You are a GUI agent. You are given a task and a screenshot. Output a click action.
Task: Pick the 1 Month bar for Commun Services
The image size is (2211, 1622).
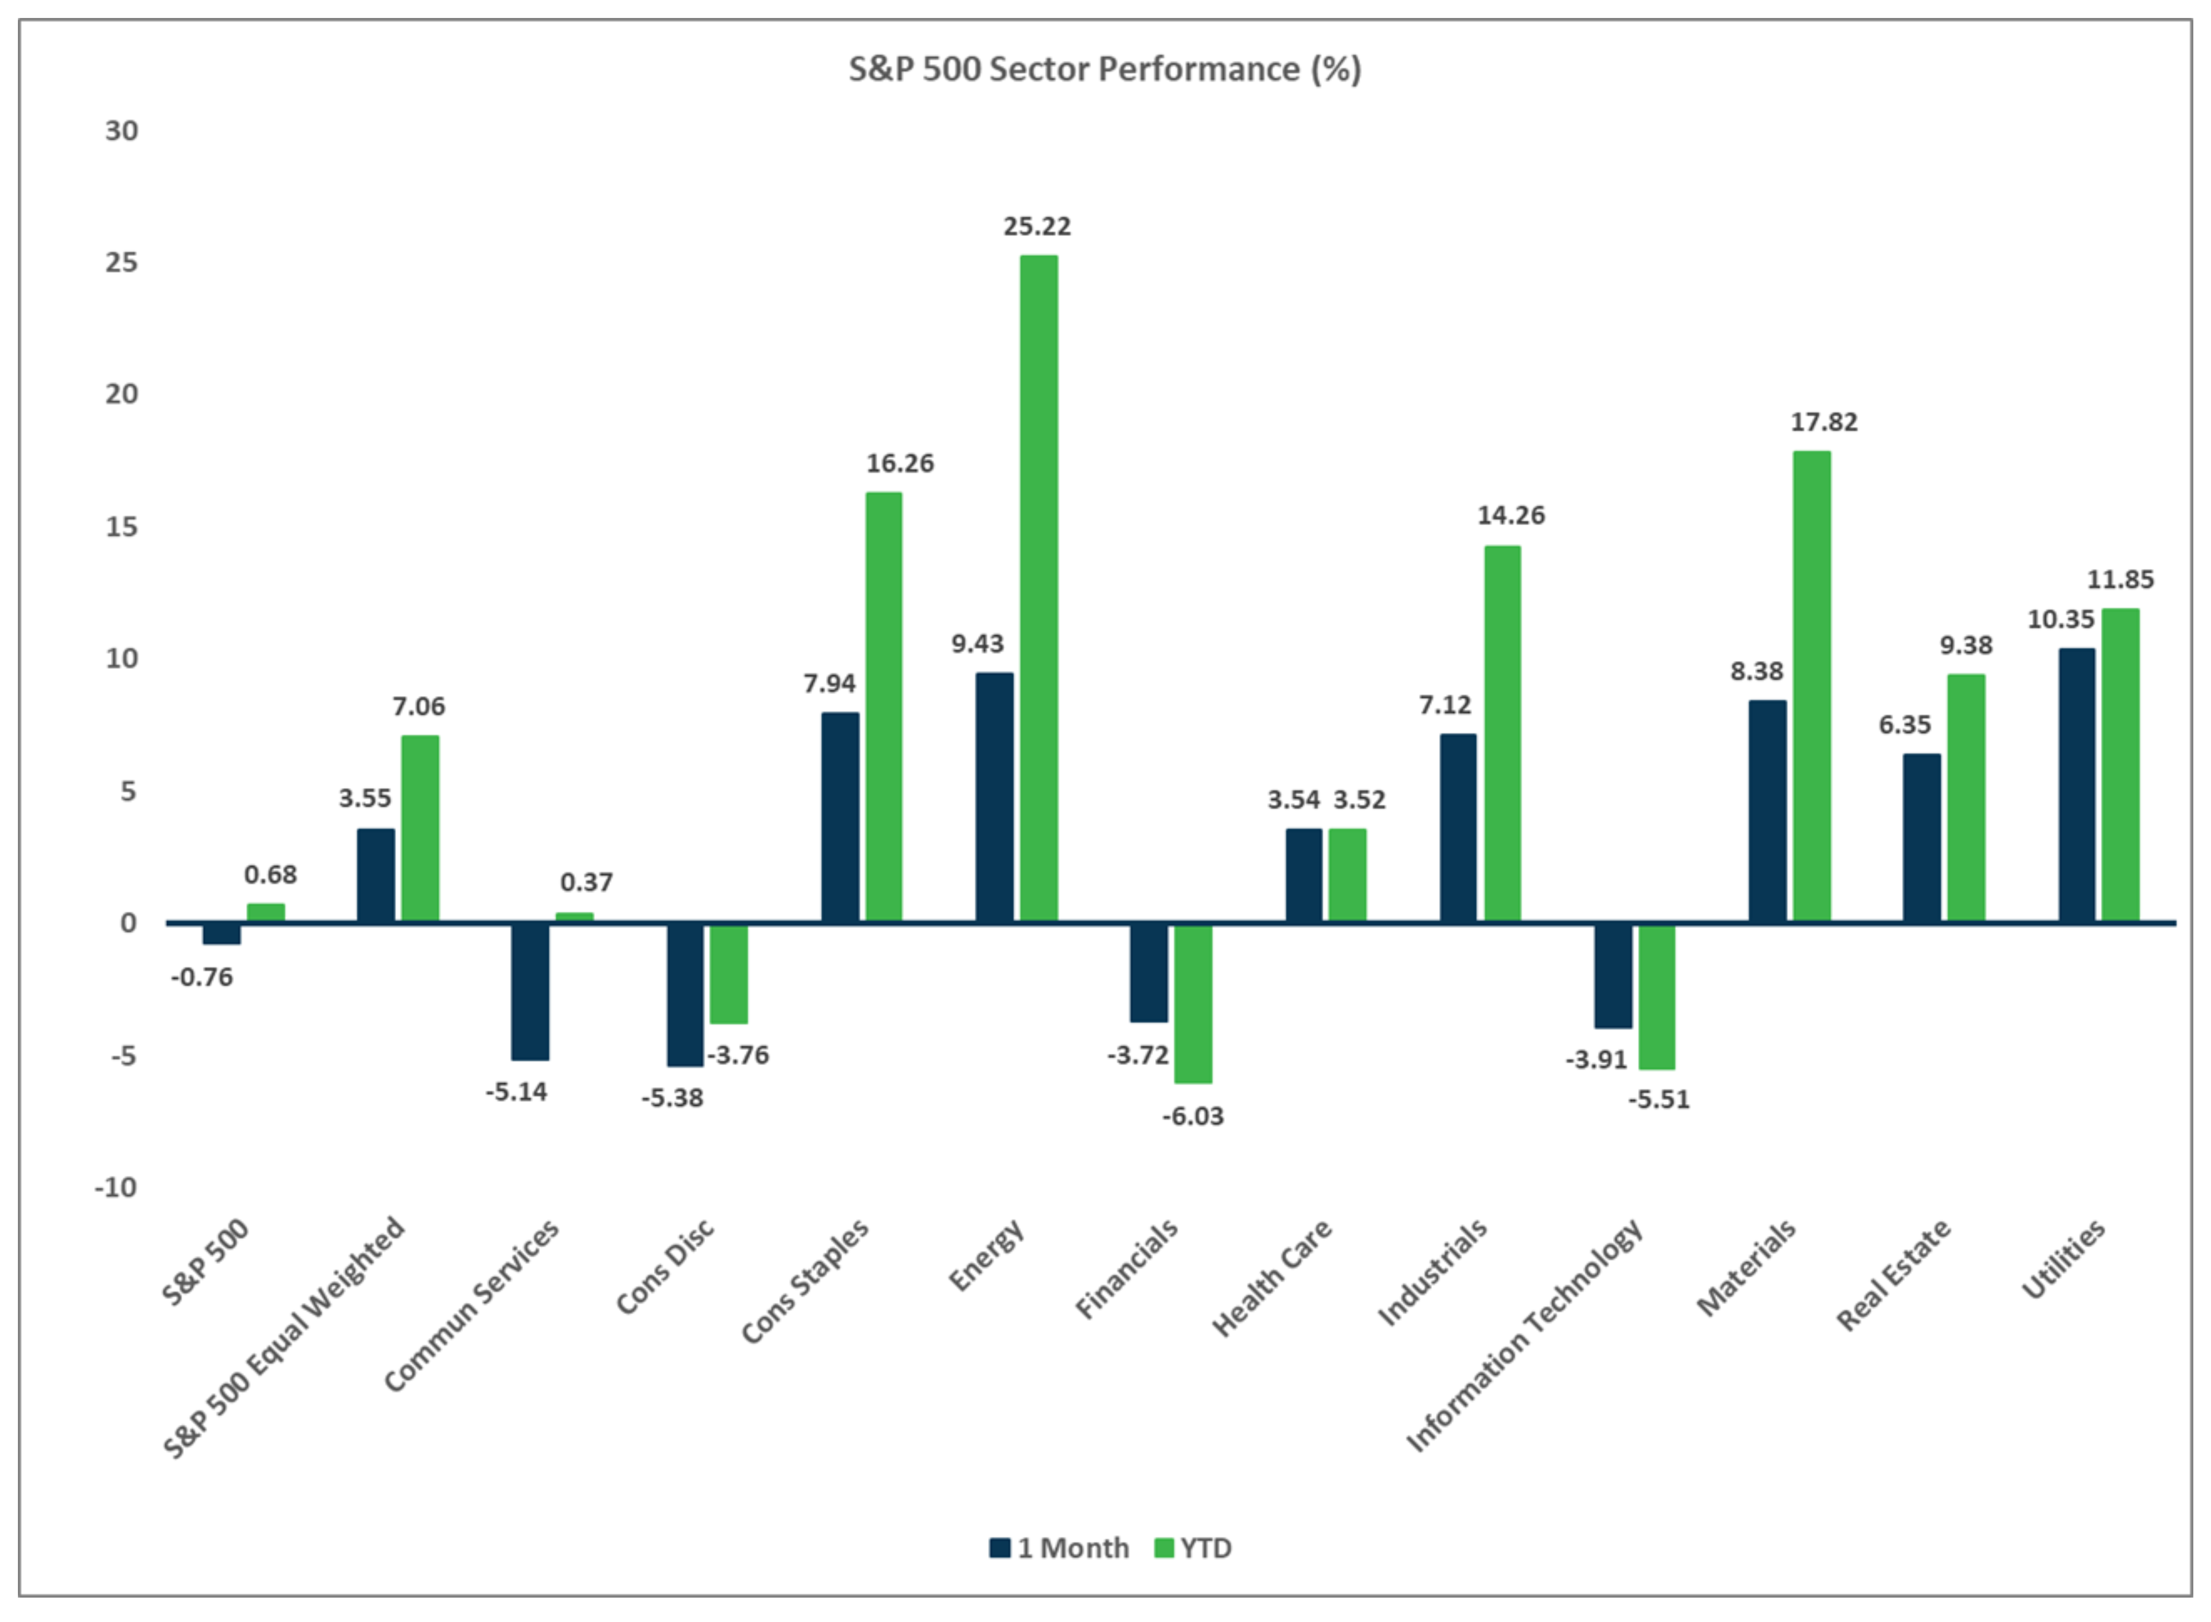point(530,992)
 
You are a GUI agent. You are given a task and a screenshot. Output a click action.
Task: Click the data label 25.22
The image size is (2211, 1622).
point(1037,227)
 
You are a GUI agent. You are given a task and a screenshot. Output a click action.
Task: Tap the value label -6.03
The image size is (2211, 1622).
point(1193,1116)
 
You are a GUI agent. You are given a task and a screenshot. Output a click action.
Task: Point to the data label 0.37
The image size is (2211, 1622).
point(586,883)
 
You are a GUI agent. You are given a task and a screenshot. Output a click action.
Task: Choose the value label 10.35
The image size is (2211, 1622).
point(2061,619)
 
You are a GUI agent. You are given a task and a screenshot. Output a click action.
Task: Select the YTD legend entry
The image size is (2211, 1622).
point(1193,1548)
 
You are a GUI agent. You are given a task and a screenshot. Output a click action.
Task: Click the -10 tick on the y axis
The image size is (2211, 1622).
point(116,1188)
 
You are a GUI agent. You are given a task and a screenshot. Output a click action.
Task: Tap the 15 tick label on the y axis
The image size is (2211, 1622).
point(122,527)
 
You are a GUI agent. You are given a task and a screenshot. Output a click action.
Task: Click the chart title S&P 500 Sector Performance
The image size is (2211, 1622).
point(1105,70)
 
